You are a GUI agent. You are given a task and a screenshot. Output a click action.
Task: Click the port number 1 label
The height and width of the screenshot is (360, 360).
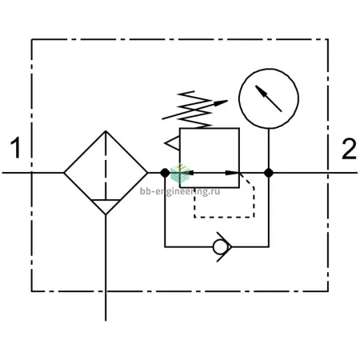[16, 147]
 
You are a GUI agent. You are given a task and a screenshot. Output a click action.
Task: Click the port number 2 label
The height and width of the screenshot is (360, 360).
[349, 149]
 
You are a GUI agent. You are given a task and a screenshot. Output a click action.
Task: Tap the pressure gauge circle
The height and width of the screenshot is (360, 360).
[269, 69]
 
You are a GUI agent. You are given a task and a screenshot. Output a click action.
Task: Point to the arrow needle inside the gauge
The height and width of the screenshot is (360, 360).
[268, 98]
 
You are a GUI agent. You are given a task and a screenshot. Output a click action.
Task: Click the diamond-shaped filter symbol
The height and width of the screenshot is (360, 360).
[64, 173]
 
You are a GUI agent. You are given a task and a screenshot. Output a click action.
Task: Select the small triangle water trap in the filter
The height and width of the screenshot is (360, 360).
[106, 206]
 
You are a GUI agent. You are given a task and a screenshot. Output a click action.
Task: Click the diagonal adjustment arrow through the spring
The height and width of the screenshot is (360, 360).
[194, 110]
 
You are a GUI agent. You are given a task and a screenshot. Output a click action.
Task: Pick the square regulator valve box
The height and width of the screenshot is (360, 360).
[180, 158]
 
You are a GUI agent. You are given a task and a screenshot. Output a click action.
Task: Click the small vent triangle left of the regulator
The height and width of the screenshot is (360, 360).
[173, 143]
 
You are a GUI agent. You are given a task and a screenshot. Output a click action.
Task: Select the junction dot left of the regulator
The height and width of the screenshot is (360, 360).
[165, 173]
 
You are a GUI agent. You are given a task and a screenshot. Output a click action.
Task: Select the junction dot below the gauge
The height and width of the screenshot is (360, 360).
[269, 173]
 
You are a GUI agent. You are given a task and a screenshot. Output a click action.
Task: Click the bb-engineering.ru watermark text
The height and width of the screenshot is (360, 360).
[180, 191]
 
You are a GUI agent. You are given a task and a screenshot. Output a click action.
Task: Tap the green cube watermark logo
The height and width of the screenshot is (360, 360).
[180, 173]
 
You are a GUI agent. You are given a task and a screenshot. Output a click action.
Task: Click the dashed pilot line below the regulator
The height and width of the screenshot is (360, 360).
[224, 218]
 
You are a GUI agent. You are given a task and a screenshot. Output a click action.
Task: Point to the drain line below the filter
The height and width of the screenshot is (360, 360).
[106, 268]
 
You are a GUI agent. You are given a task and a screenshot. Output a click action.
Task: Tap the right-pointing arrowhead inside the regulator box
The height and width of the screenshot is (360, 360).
[232, 173]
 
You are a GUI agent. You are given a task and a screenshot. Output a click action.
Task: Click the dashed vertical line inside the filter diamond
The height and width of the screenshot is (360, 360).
[106, 165]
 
